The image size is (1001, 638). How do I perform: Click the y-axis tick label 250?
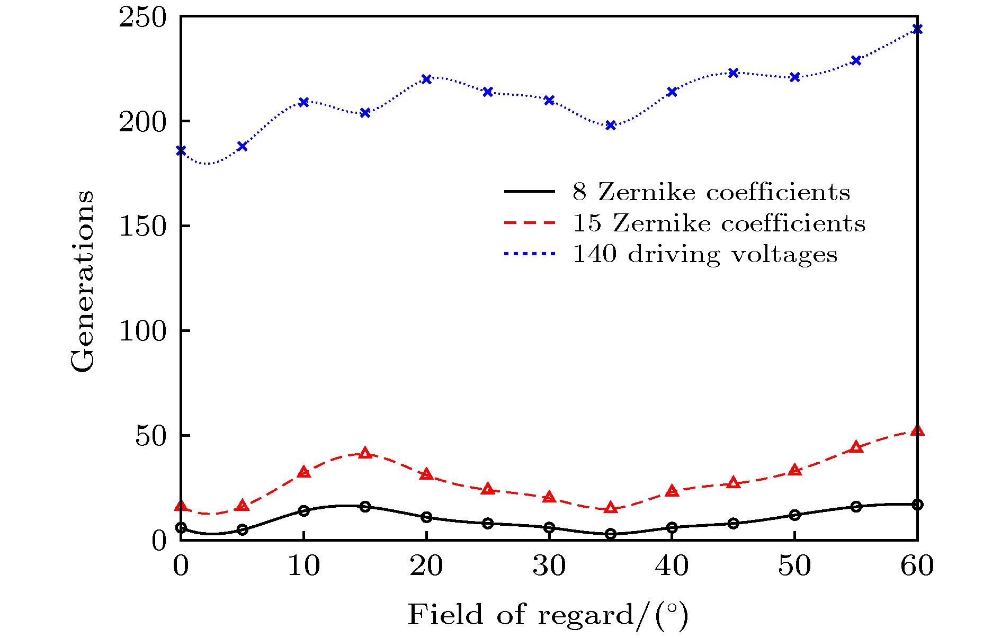(x=142, y=17)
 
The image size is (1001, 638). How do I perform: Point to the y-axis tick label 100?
(x=142, y=331)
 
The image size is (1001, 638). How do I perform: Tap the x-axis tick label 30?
(x=549, y=567)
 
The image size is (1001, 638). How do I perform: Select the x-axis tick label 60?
(x=917, y=567)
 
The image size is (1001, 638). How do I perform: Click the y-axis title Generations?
(x=83, y=281)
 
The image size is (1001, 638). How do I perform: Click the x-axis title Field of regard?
(x=548, y=615)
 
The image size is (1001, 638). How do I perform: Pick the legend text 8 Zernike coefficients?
(x=711, y=192)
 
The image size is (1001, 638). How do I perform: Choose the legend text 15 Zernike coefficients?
(x=719, y=223)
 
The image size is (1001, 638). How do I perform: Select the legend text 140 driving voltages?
(x=705, y=254)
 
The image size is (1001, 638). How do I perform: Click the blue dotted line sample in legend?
(x=530, y=254)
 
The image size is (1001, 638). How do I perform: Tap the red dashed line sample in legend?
(x=530, y=223)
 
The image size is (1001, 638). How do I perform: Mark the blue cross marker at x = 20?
(x=426, y=79)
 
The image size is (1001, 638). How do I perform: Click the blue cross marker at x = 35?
(x=611, y=125)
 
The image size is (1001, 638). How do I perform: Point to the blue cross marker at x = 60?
(x=917, y=29)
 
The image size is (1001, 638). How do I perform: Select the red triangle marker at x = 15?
(x=365, y=453)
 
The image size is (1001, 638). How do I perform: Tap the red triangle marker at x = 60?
(x=917, y=431)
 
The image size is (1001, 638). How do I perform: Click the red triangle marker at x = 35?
(x=611, y=508)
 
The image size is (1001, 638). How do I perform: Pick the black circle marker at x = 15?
(x=365, y=507)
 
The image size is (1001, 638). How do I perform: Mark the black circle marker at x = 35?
(x=611, y=534)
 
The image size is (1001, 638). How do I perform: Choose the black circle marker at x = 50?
(x=794, y=515)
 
